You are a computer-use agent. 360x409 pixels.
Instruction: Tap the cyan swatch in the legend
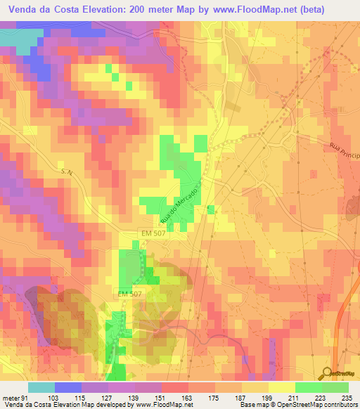pyautogui.click(x=41, y=387)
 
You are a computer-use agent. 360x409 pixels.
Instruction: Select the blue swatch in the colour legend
pyautogui.click(x=67, y=387)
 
